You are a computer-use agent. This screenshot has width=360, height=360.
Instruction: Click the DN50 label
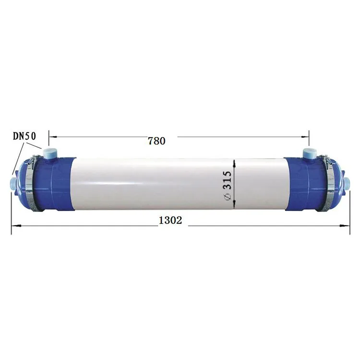click(24, 136)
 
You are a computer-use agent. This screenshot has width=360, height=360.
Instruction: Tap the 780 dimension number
click(156, 141)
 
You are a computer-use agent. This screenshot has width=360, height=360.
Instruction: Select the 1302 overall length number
click(170, 220)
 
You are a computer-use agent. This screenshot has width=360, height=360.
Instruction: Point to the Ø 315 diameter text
click(228, 186)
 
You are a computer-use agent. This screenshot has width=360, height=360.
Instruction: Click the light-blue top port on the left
click(49, 153)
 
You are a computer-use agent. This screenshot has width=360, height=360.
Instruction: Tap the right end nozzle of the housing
click(346, 183)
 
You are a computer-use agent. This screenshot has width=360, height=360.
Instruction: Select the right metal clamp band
click(330, 182)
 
